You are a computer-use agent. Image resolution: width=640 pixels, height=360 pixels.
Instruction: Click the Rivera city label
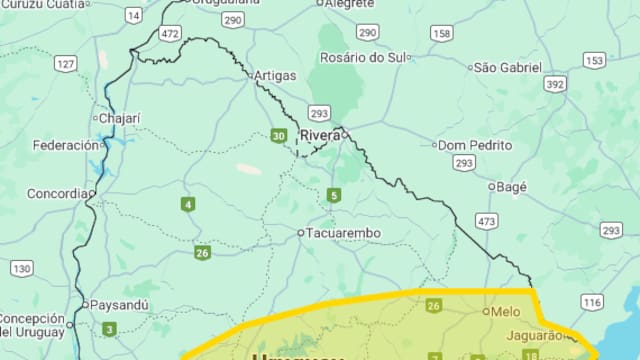[320, 135]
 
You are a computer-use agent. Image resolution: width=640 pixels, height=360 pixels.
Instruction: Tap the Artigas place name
[275, 76]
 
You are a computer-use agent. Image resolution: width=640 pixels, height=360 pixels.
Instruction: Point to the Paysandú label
[119, 304]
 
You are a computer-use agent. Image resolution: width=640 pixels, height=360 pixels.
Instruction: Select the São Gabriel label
[507, 67]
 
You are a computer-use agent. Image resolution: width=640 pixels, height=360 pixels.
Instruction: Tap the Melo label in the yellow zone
[505, 311]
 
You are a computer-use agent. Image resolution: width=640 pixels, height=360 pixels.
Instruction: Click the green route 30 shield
[278, 136]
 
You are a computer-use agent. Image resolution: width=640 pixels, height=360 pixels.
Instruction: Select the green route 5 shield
[333, 195]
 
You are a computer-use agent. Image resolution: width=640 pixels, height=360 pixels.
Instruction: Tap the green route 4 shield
[187, 205]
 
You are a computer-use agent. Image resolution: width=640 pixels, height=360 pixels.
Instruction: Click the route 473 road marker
[486, 220]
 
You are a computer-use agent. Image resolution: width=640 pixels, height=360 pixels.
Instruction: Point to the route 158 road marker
[442, 33]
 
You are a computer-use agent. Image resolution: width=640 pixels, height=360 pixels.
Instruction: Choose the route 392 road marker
[555, 84]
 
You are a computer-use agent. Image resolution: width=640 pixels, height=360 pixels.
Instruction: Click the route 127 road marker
[66, 64]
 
